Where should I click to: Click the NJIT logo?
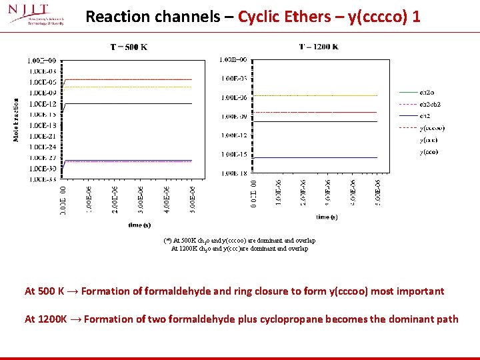click(37, 15)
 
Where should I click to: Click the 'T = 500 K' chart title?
click(130, 47)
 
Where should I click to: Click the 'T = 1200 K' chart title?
click(318, 47)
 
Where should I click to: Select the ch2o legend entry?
click(427, 92)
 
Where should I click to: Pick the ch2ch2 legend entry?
click(430, 104)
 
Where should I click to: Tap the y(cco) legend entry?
click(429, 152)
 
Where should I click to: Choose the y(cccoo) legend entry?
click(432, 128)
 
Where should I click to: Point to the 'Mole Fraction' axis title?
click(15, 120)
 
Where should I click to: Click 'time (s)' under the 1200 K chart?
click(326, 217)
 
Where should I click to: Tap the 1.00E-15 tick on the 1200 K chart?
click(234, 154)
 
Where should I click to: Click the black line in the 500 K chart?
click(127, 103)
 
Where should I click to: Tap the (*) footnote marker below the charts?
click(167, 240)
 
